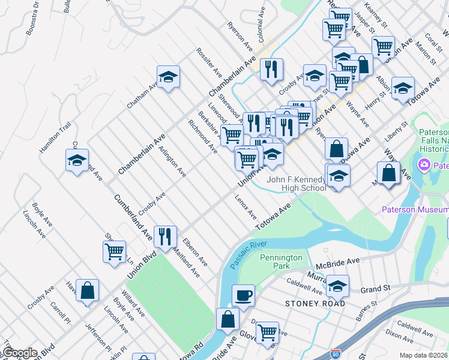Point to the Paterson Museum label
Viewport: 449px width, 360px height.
(x=415, y=209)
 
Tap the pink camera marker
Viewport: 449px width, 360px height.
(x=424, y=164)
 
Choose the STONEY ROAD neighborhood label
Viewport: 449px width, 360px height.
(x=315, y=304)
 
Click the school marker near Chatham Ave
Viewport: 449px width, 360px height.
(x=169, y=77)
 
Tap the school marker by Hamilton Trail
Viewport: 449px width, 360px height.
(x=77, y=161)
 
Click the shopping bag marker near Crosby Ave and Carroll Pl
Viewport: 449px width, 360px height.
(x=88, y=290)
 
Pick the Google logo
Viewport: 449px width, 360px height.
(x=20, y=353)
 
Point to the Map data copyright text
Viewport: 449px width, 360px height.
(x=423, y=355)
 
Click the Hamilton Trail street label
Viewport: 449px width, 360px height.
(x=56, y=137)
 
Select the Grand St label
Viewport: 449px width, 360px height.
(x=375, y=289)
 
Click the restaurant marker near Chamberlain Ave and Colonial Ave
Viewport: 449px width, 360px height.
(x=271, y=69)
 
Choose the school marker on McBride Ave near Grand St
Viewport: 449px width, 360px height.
(x=338, y=287)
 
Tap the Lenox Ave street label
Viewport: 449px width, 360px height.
(x=246, y=208)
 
